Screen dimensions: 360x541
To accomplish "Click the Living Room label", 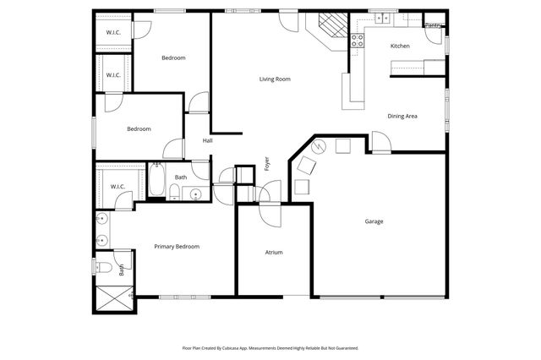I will pyautogui.click(x=275, y=79).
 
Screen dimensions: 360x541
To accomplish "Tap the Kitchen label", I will pyautogui.click(x=400, y=46).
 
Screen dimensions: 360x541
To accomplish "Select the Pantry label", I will pyautogui.click(x=433, y=26).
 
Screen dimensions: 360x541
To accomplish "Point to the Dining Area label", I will pyautogui.click(x=402, y=116).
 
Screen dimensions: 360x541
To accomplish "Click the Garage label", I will pyautogui.click(x=374, y=221).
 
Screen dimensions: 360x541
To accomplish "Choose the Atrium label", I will pyautogui.click(x=273, y=252).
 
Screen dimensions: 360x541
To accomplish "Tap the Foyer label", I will pyautogui.click(x=267, y=164).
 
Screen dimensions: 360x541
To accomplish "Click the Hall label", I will pyautogui.click(x=207, y=140).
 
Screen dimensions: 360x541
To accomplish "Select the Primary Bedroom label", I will pyautogui.click(x=177, y=246).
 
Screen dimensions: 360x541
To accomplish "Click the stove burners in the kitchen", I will pyautogui.click(x=357, y=38).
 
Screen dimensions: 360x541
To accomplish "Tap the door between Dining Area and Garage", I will pyautogui.click(x=380, y=143).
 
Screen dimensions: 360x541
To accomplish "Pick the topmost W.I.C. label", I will pyautogui.click(x=112, y=33).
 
